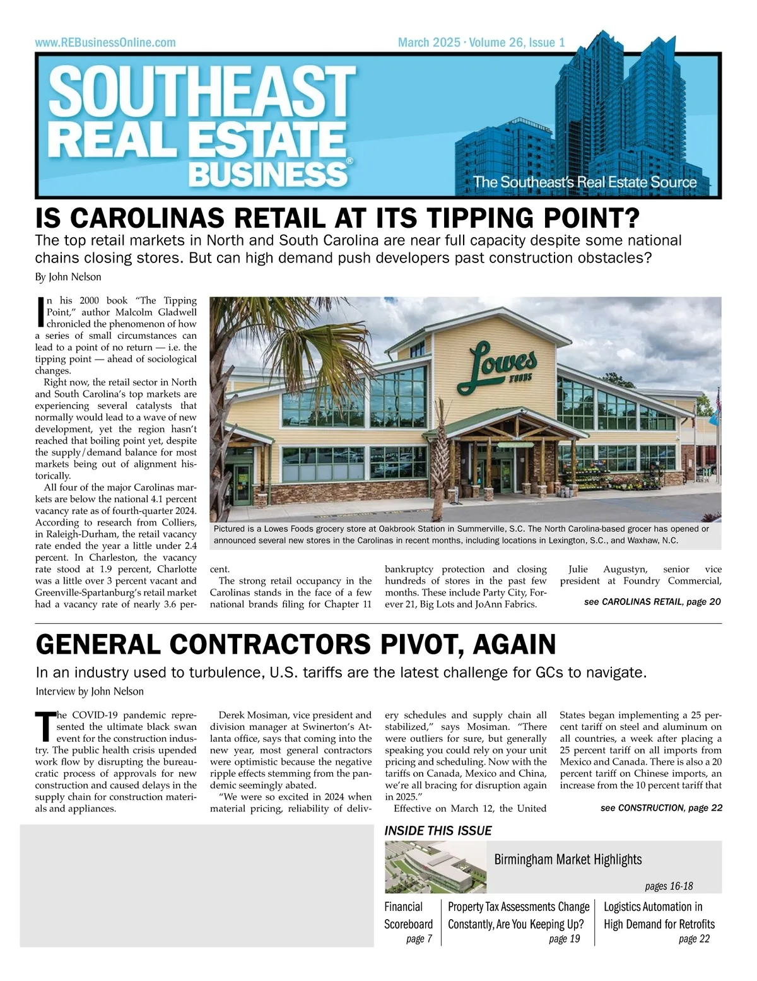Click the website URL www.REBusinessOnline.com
(105, 43)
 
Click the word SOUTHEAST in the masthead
(202, 91)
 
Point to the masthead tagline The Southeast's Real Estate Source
(585, 182)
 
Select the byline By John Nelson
(68, 277)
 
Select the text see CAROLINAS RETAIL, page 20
(652, 602)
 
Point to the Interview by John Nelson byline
(90, 691)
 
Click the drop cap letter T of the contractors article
(44, 727)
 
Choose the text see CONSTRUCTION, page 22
(661, 808)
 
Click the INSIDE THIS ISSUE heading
(438, 831)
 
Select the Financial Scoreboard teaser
(409, 915)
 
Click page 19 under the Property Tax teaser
(564, 939)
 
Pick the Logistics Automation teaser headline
(659, 915)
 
